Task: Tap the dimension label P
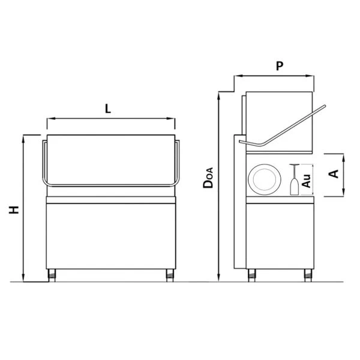[x=280, y=67]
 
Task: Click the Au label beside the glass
[x=306, y=180]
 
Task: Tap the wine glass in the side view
[x=294, y=179]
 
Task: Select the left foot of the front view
[x=52, y=275]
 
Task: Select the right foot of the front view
[x=170, y=275]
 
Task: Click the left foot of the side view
[x=253, y=275]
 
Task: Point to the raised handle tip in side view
[x=325, y=108]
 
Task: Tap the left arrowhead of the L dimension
[x=49, y=119]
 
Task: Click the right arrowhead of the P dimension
[x=312, y=76]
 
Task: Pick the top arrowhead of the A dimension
[x=343, y=155]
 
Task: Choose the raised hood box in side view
[x=280, y=117]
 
